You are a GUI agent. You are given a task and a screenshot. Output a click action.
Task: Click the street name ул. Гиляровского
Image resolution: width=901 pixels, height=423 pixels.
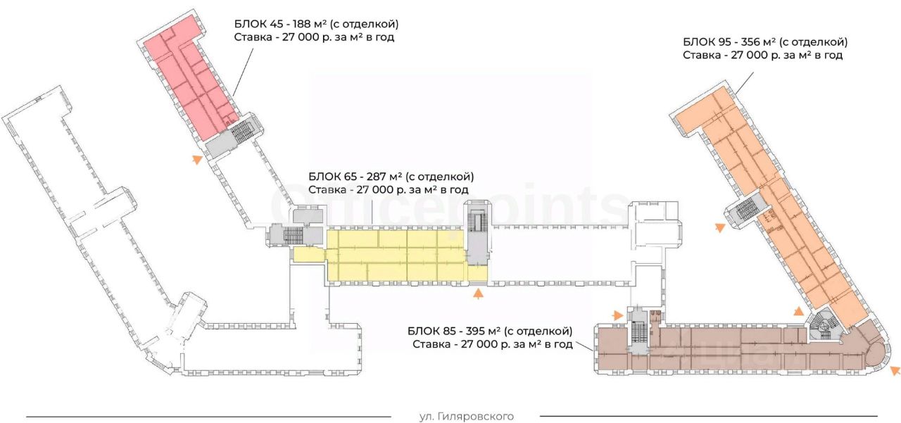(466, 417)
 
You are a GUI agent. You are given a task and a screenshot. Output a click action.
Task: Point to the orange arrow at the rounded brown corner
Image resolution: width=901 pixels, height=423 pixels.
(895, 370)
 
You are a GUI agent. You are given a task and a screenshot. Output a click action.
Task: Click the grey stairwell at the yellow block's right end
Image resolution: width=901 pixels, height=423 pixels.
(477, 232)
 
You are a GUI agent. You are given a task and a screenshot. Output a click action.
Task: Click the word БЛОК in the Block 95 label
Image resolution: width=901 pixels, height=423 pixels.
(698, 42)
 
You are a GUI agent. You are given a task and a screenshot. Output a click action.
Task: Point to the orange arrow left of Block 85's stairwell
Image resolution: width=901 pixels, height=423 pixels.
(618, 315)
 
